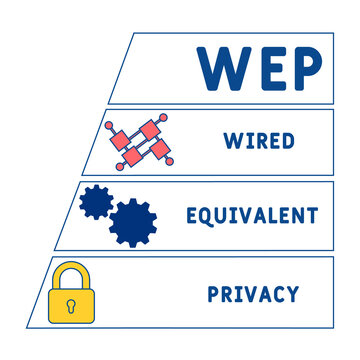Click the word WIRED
pos(259,140)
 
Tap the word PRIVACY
pos(252,294)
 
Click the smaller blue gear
pos(96,202)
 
